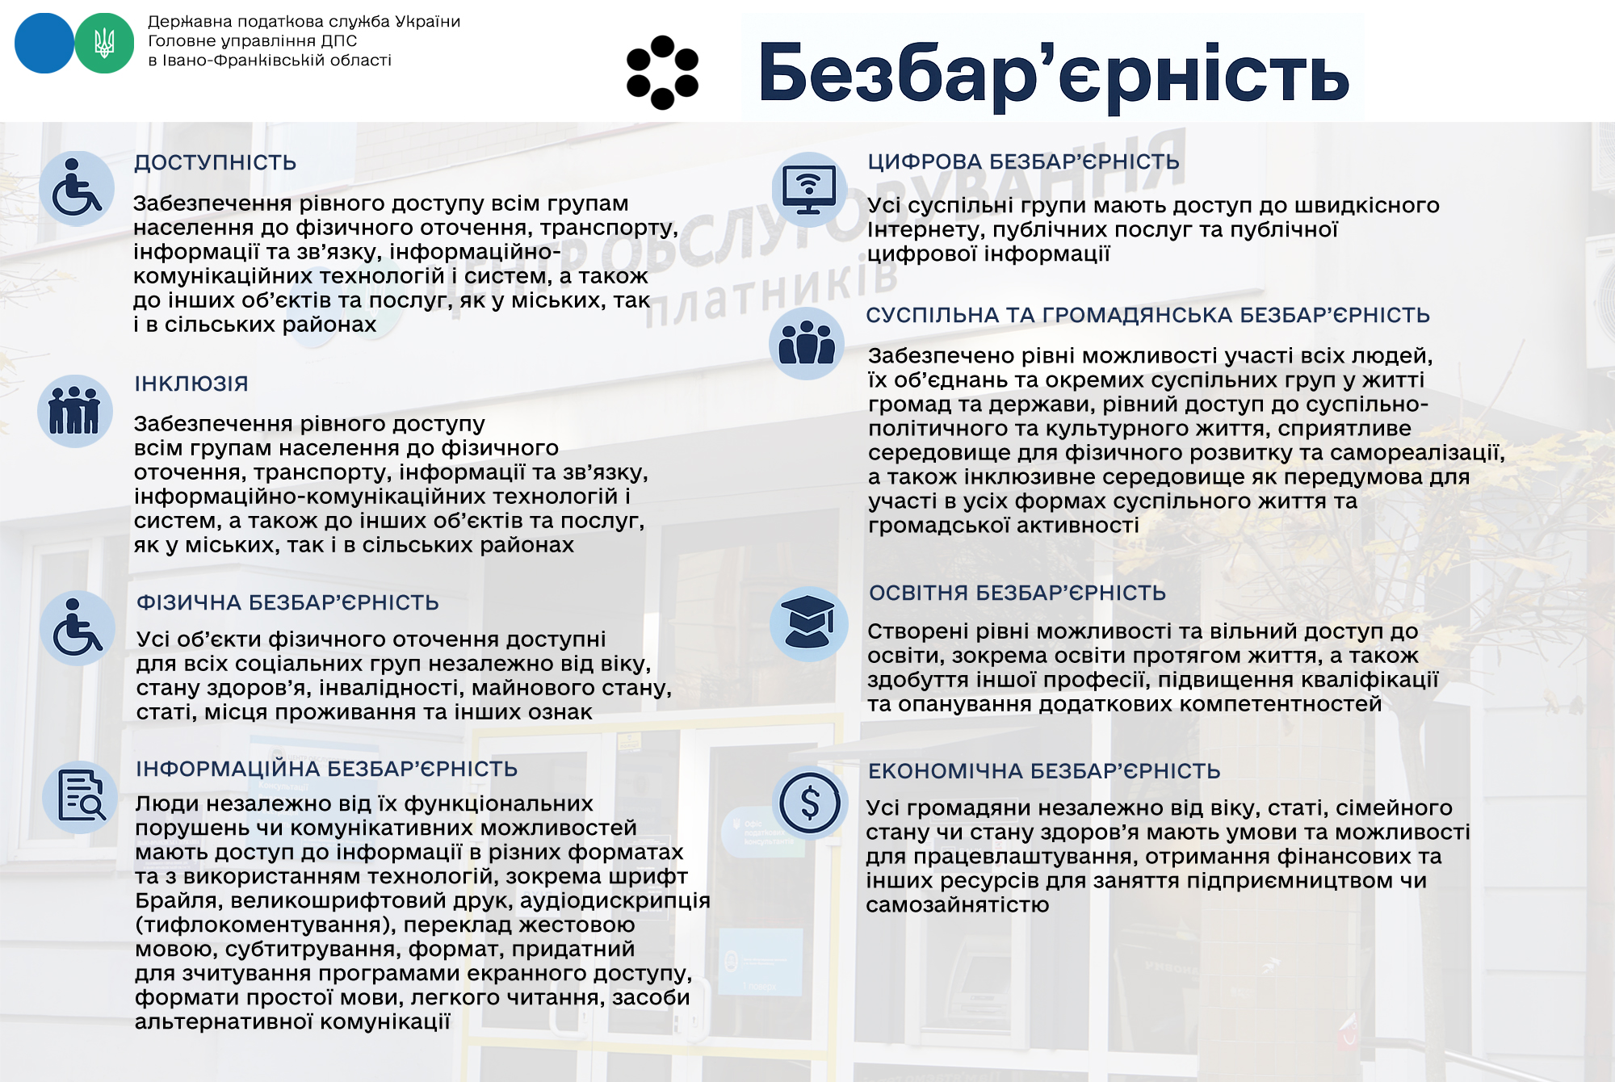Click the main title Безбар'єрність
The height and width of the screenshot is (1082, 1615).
(1053, 73)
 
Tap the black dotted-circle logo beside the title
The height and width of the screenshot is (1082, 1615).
(662, 72)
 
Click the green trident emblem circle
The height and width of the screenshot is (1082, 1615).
(104, 44)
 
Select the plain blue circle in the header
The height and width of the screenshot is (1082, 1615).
(44, 44)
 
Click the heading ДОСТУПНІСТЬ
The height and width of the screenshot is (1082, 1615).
(215, 162)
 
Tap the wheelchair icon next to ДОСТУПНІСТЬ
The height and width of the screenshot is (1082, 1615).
(77, 189)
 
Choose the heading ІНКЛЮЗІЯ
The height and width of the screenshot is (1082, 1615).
(191, 384)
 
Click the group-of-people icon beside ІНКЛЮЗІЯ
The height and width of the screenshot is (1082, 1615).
(74, 411)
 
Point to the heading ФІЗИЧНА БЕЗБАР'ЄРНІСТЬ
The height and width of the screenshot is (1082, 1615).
(287, 602)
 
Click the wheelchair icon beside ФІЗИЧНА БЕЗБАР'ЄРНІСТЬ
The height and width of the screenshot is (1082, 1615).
(78, 628)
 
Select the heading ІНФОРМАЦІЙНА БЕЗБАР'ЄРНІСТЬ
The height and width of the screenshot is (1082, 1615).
(326, 769)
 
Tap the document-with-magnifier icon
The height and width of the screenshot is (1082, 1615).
(81, 797)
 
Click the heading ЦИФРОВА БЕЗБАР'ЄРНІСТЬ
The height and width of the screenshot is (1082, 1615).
(1023, 161)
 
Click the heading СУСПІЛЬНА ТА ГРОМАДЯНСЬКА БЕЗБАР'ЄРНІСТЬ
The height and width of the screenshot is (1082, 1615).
(1147, 315)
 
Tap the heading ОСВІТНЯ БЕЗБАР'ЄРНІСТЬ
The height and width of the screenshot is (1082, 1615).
(1017, 593)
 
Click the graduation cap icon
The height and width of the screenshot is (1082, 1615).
(808, 623)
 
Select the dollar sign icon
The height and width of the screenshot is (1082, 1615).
(810, 803)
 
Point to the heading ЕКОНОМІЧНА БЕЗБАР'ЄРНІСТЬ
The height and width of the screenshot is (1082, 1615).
(1043, 771)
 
